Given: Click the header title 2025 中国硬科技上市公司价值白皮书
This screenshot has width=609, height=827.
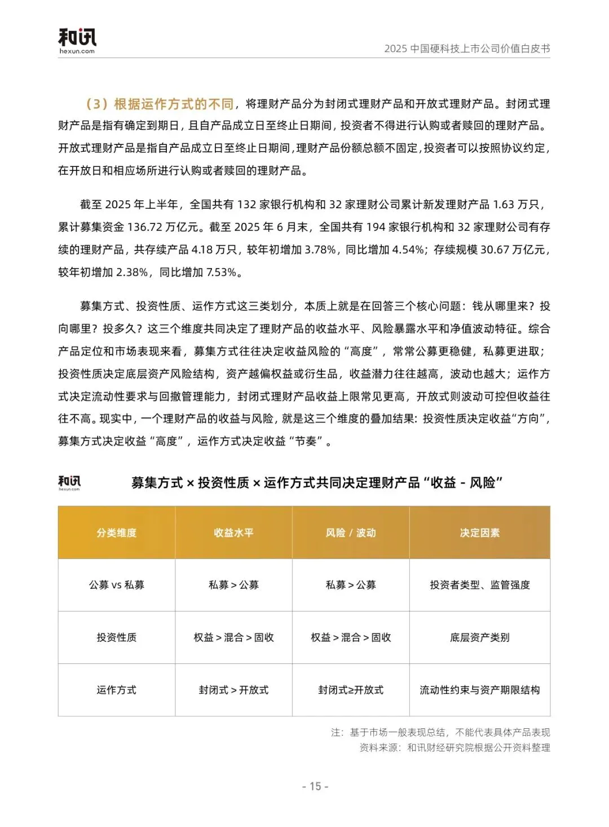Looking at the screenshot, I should [x=467, y=49].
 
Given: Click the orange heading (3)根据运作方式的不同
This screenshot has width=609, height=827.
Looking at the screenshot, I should [x=160, y=104].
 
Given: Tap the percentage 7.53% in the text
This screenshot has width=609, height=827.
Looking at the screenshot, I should [x=221, y=272].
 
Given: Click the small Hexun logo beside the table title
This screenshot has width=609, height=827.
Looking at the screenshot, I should [x=69, y=483].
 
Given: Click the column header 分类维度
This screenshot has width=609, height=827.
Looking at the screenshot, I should [x=117, y=533].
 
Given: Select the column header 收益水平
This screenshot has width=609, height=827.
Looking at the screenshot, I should [x=233, y=533].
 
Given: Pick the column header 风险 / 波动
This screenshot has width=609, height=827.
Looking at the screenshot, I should [x=351, y=533].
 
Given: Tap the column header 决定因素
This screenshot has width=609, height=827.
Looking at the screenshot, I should [x=480, y=533].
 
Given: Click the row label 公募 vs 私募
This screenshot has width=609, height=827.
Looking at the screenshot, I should [x=117, y=585].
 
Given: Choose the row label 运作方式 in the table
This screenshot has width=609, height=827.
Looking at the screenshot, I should [x=117, y=690].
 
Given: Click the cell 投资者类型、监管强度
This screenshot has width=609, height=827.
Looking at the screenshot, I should [x=480, y=585].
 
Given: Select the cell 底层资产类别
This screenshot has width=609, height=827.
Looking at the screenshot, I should [x=480, y=637].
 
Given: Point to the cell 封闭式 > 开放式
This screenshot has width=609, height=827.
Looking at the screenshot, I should [x=233, y=690].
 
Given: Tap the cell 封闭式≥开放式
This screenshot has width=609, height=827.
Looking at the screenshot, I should [x=351, y=690].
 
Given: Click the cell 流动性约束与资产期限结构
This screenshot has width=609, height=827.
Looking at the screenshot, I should [x=480, y=690].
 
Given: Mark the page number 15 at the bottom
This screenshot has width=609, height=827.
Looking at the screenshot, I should [x=315, y=786].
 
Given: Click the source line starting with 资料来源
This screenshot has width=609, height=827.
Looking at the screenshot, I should [x=454, y=748].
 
